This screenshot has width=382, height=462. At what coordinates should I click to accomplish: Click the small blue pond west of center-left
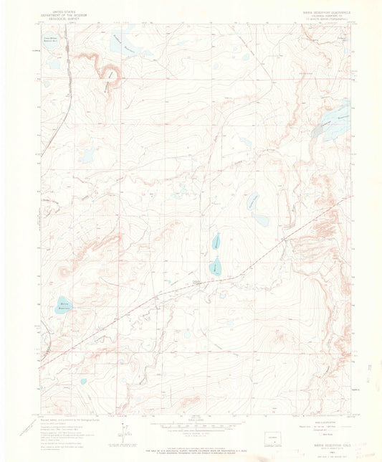pyautogui.click(x=87, y=153)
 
